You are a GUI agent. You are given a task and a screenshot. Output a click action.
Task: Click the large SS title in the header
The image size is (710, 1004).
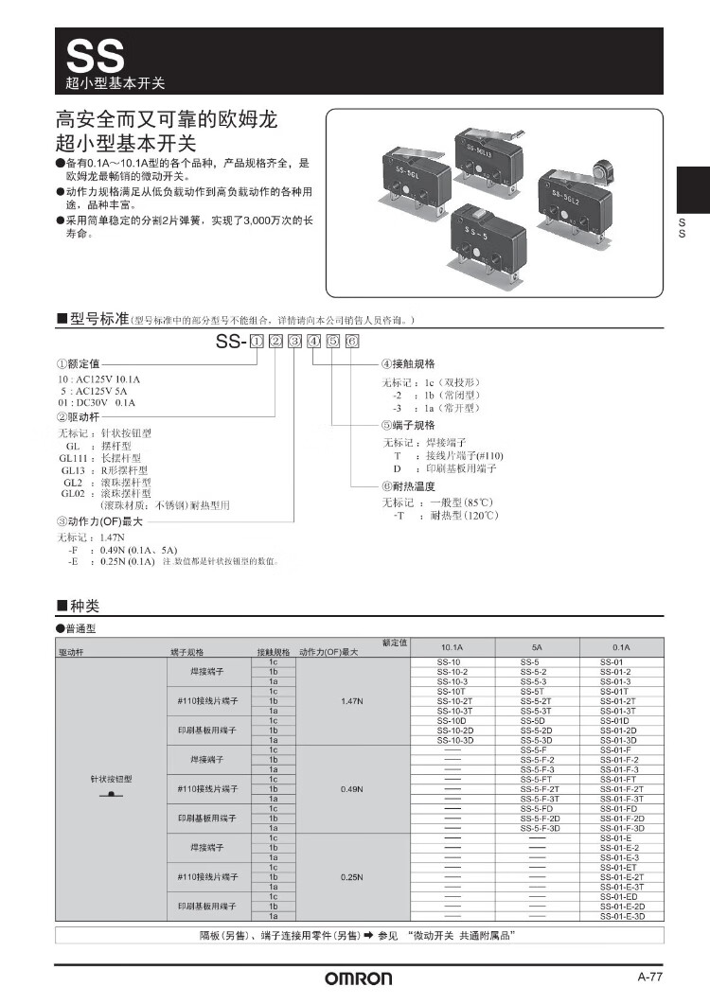click(94, 55)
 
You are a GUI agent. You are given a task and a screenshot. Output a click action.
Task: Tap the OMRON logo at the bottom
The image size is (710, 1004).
click(359, 979)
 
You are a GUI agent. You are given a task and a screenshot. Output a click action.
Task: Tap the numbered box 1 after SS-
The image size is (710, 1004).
click(255, 342)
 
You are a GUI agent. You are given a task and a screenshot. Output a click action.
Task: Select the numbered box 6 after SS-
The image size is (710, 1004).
click(352, 342)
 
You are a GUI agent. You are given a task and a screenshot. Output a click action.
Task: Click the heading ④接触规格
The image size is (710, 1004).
click(408, 363)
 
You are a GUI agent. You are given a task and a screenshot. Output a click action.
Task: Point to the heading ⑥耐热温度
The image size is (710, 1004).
click(408, 485)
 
